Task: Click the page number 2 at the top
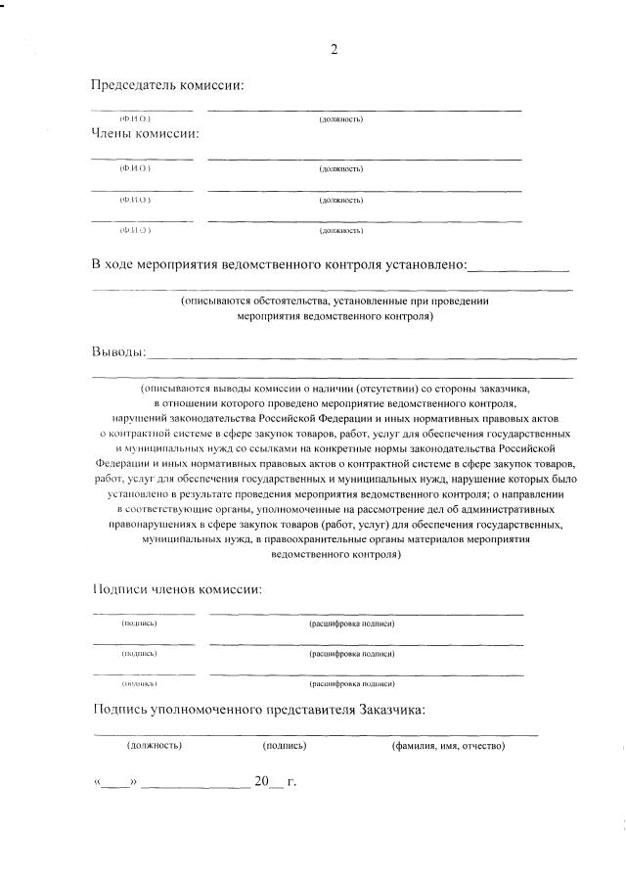pyautogui.click(x=335, y=50)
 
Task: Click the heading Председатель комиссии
pyautogui.click(x=167, y=85)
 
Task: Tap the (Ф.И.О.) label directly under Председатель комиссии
pyautogui.click(x=135, y=119)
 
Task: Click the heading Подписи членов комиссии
pyautogui.click(x=176, y=590)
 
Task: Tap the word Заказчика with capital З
pyautogui.click(x=391, y=711)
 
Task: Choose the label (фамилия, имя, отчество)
pyautogui.click(x=448, y=746)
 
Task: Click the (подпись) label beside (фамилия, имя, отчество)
pyautogui.click(x=285, y=746)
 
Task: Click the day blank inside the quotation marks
pyautogui.click(x=115, y=784)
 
